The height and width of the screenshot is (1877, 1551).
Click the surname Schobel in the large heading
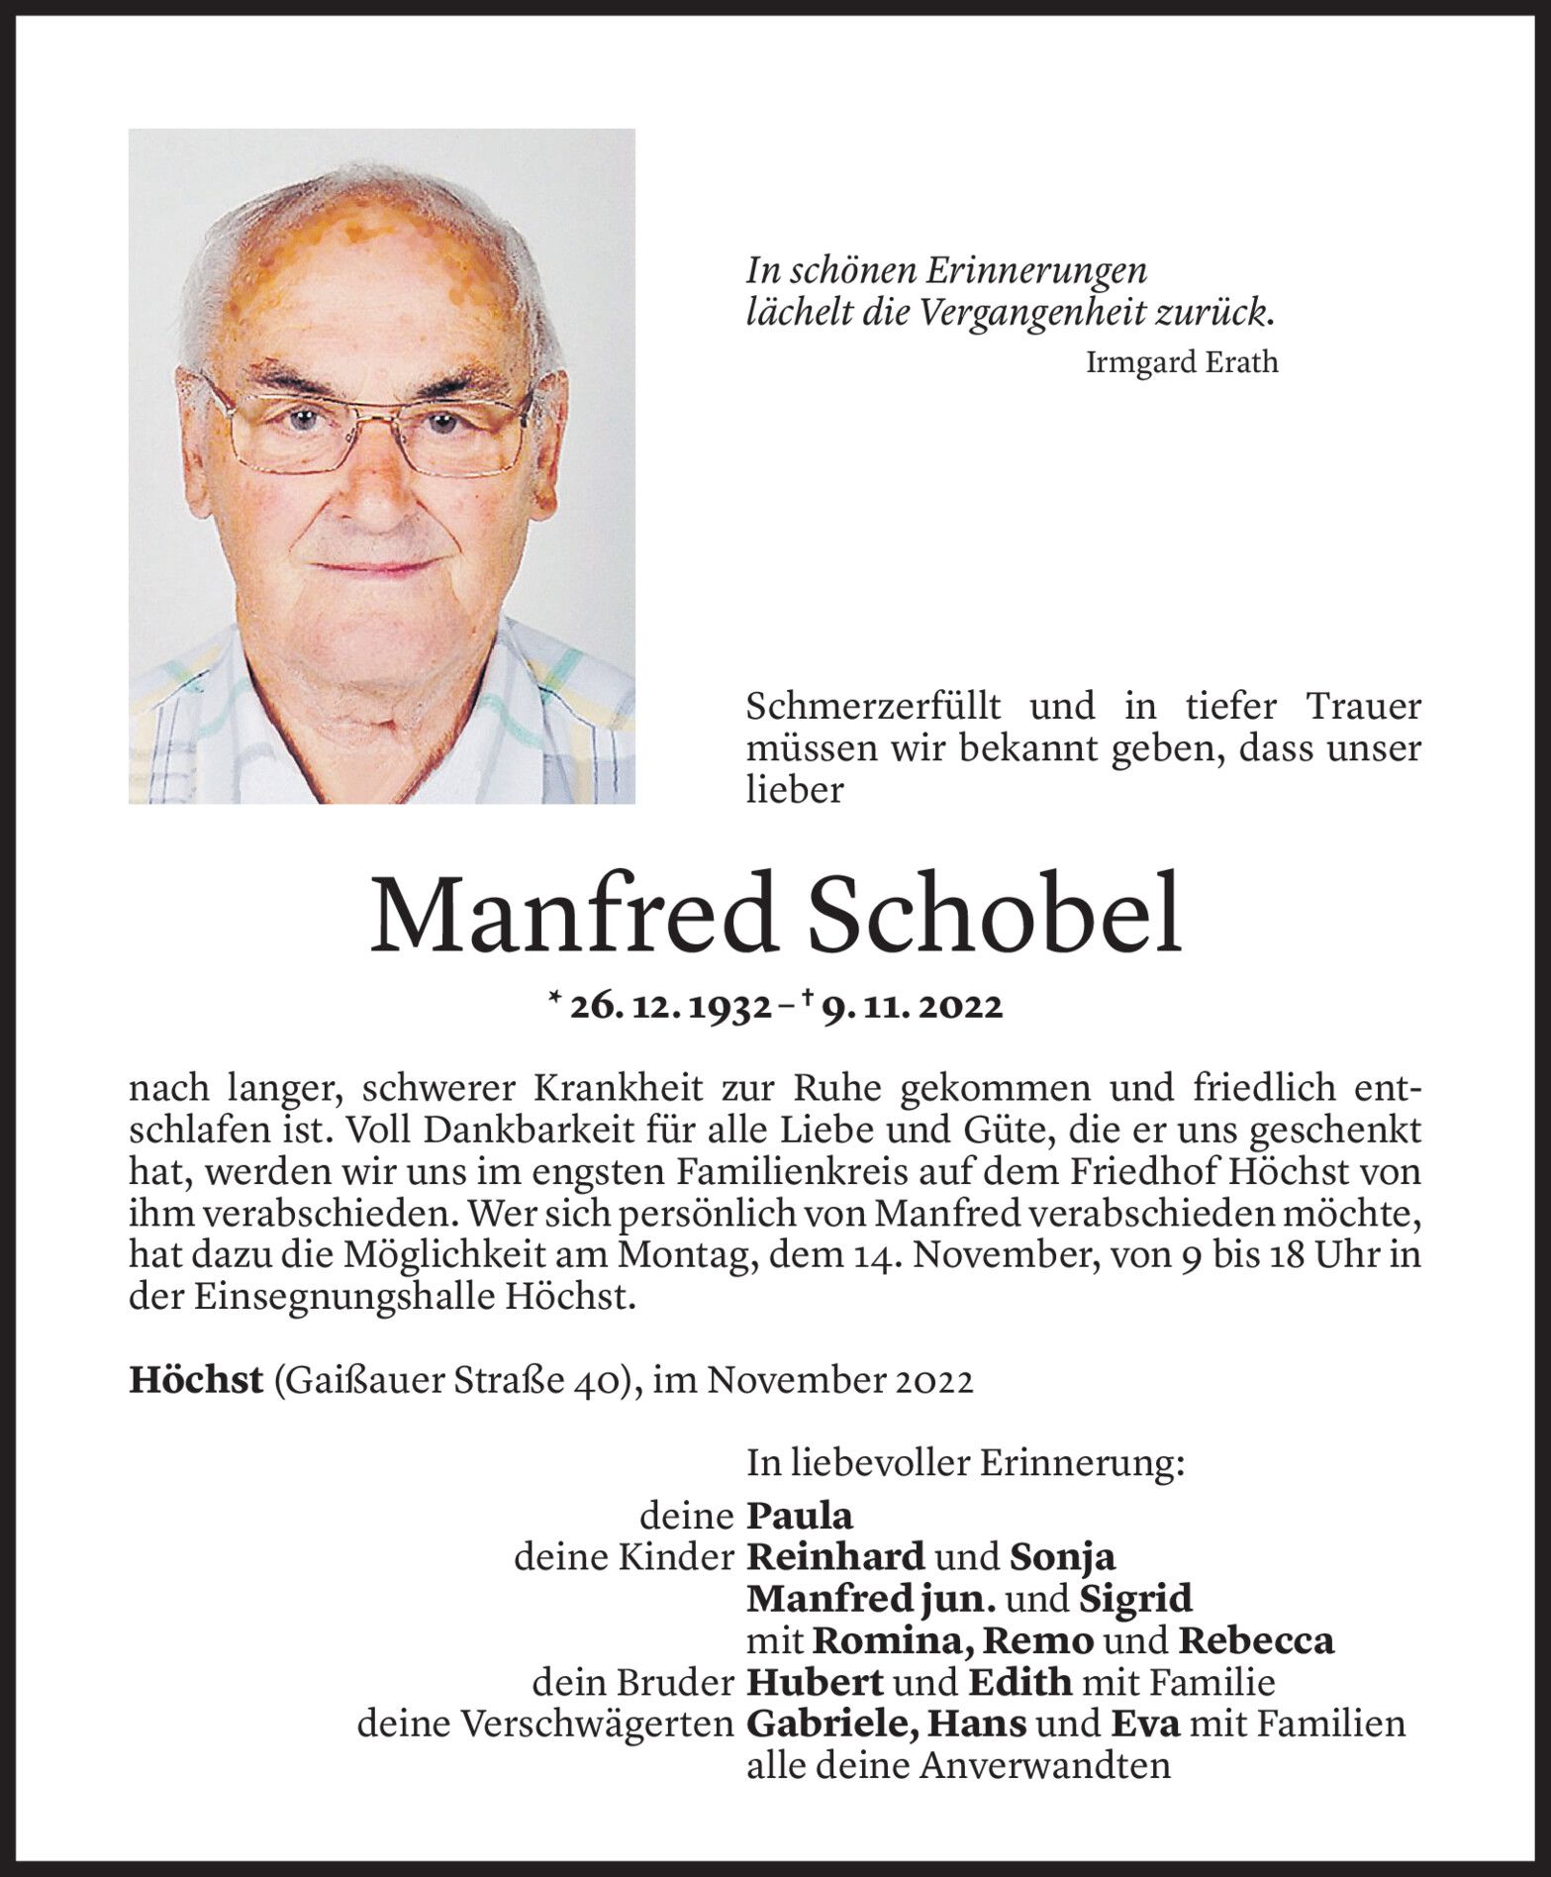point(995,915)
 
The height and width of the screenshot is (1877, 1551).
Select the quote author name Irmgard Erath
point(1182,362)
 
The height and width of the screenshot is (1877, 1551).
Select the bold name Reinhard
point(835,1557)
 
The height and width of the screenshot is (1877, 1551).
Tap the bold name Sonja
point(1062,1557)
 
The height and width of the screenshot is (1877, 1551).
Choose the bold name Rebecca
point(1256,1640)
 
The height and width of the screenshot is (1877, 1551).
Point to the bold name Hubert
point(816,1682)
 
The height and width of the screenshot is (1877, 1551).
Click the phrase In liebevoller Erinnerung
point(965,1464)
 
